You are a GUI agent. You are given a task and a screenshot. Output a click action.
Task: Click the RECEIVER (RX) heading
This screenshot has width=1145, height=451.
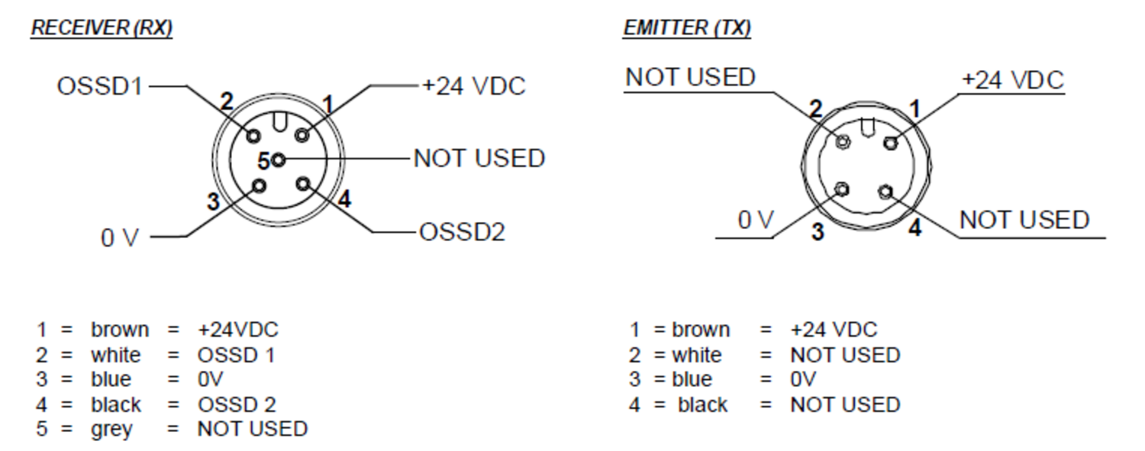(x=102, y=28)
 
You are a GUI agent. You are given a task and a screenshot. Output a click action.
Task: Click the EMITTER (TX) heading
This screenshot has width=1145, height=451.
(x=687, y=28)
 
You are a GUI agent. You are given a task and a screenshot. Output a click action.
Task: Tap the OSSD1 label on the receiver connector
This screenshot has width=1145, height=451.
(x=99, y=86)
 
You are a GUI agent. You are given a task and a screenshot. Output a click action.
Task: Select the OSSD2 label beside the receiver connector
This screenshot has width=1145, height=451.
(x=462, y=232)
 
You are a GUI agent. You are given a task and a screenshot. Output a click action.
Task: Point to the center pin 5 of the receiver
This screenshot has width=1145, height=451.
(x=279, y=159)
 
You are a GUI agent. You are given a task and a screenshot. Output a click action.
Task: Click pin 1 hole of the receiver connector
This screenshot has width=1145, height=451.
(x=302, y=136)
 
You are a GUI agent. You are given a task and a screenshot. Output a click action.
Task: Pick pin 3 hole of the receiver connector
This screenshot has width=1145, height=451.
(x=260, y=185)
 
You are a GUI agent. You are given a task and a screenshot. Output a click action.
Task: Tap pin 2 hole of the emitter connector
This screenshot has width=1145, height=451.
(x=843, y=142)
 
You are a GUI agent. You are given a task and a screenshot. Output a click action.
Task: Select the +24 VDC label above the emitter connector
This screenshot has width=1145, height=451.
(x=1012, y=81)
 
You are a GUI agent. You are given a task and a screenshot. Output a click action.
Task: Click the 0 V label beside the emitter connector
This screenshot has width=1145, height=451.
(x=756, y=221)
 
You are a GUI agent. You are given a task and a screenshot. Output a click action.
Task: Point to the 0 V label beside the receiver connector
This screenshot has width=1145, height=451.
(x=121, y=238)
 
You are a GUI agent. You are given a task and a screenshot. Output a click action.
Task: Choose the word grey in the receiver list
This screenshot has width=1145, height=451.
(x=111, y=429)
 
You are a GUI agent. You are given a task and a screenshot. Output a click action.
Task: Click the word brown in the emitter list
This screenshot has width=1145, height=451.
(x=701, y=330)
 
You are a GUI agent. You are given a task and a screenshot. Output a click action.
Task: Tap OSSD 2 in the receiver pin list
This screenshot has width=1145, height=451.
(x=237, y=404)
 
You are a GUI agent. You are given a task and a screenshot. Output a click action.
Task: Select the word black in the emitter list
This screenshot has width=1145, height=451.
(x=702, y=404)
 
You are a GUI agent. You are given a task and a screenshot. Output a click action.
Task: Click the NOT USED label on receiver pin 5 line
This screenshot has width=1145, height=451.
(x=479, y=159)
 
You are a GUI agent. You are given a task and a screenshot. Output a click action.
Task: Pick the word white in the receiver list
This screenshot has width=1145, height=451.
(x=116, y=355)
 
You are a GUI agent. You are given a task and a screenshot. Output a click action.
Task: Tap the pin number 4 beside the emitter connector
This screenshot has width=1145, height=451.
(x=914, y=227)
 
